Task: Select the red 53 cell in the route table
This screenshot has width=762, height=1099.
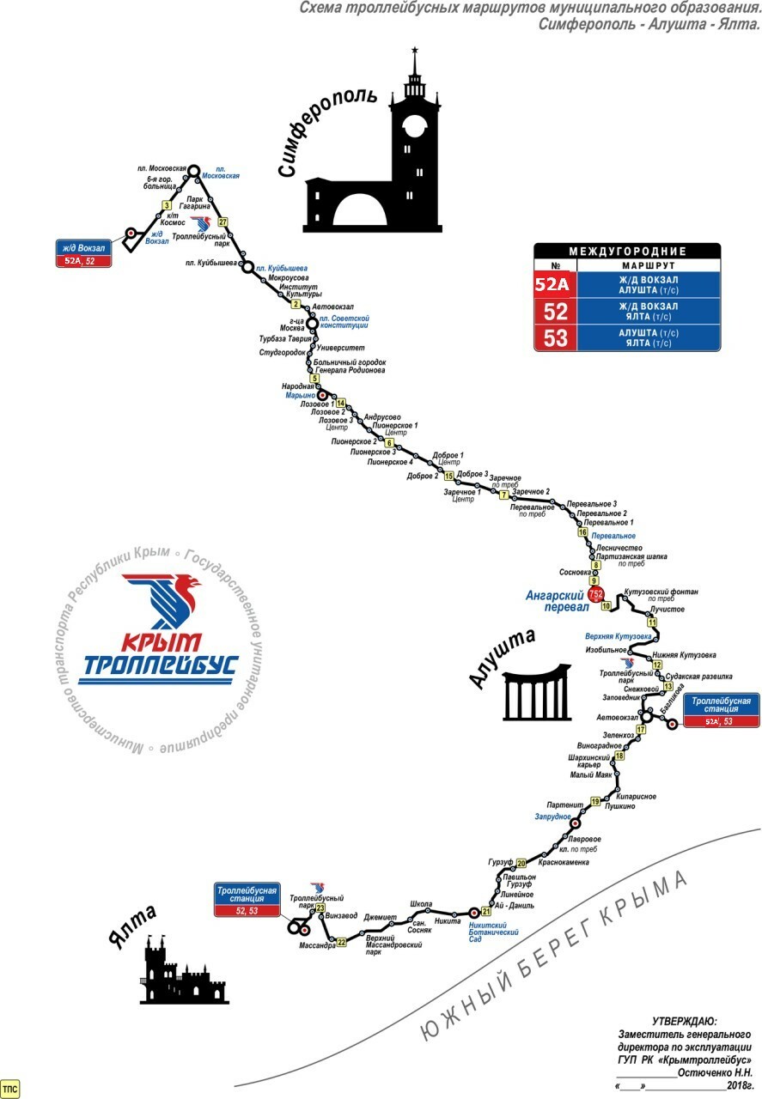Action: point(555,337)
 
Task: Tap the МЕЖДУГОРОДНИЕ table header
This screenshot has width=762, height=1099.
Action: point(627,251)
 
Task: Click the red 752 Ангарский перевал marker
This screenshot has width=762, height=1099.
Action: point(596,594)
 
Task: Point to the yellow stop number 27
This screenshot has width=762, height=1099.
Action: point(223,222)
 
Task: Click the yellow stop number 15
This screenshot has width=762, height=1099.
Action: point(448,476)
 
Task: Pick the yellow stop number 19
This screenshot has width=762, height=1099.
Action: point(594,802)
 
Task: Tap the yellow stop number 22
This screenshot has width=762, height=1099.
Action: point(341,942)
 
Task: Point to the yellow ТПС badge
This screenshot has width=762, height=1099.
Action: point(10,1089)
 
